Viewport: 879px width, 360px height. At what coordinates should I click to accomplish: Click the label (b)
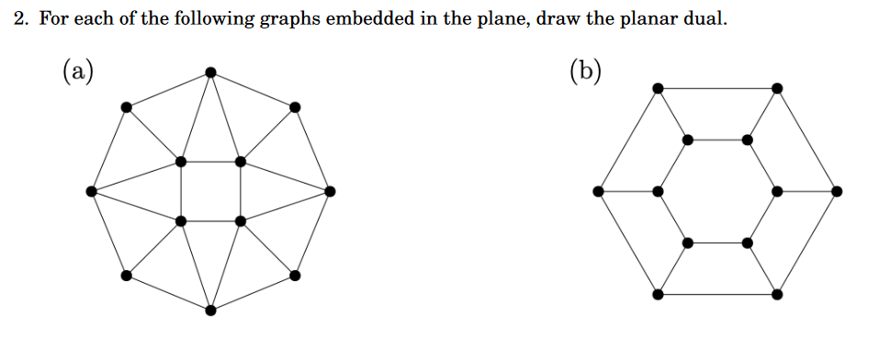585,71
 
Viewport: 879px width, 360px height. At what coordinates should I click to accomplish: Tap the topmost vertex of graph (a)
210,72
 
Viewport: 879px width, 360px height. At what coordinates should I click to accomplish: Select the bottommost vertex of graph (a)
210,310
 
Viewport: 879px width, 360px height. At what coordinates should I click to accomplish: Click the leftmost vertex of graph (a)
91,191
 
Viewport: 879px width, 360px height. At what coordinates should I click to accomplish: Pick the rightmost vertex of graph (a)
330,191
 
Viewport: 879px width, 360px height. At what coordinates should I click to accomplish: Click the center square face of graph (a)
210,191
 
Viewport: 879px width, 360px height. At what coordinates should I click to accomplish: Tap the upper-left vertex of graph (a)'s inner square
181,162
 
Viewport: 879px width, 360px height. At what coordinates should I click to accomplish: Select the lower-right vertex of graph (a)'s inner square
241,221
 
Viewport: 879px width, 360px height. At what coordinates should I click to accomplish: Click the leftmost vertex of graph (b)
599,191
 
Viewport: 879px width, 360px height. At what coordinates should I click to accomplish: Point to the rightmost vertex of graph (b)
837,191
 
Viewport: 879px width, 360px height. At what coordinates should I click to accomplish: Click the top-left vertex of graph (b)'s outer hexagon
658,88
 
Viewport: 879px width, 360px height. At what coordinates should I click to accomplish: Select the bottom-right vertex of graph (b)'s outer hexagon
777,294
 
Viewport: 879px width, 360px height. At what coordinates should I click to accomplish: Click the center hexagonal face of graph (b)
717,191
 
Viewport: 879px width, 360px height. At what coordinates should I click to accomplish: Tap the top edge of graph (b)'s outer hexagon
717,88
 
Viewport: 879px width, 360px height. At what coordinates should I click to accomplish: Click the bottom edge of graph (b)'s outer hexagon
717,294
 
